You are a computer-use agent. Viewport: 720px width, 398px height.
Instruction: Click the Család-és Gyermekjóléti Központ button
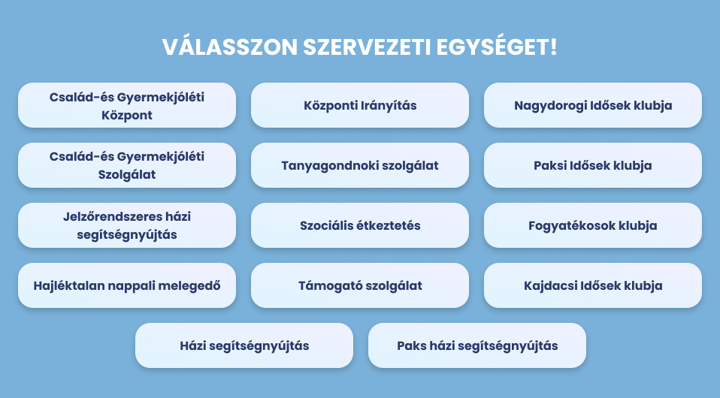tap(127, 105)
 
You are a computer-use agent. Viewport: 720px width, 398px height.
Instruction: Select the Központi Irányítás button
tap(360, 105)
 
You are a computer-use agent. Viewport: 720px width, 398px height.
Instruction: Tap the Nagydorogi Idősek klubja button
tap(593, 105)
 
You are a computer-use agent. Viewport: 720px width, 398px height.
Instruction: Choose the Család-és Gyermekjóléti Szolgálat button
tap(127, 165)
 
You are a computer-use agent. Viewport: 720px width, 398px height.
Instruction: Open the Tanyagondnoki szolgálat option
tap(360, 165)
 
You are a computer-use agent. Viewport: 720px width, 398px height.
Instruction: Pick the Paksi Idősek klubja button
tap(593, 165)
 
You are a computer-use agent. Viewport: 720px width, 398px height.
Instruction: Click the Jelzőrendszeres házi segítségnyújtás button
tap(127, 225)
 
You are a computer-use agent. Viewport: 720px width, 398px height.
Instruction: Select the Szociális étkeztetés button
tap(360, 225)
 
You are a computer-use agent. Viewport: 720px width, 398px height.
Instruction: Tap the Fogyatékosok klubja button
tap(593, 225)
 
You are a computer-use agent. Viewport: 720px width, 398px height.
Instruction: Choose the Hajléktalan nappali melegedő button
tap(127, 285)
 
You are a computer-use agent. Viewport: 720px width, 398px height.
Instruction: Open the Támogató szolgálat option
tap(360, 285)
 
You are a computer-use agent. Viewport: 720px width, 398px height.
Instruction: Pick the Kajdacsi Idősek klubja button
tap(593, 285)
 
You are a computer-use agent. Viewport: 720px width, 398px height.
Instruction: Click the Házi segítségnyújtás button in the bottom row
tap(244, 345)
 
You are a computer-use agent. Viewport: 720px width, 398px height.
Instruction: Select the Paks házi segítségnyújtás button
tap(477, 345)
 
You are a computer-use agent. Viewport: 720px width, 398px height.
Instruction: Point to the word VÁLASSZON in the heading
tap(230, 47)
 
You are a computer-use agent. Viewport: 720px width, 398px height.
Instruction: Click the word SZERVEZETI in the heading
tap(367, 47)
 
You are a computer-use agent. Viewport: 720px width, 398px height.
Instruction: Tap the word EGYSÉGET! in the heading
tap(496, 47)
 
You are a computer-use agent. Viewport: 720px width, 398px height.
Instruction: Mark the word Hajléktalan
tap(65, 286)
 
